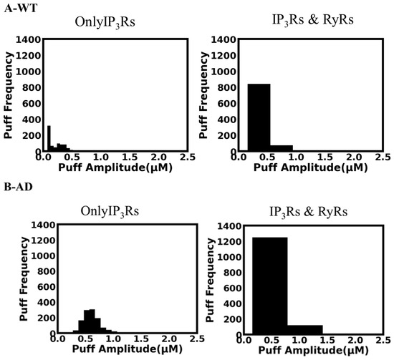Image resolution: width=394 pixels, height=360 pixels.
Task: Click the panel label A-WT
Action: pos(21,9)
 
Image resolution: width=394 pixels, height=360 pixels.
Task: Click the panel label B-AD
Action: pos(19,187)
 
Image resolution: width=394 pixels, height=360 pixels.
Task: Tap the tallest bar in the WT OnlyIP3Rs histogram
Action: pos(49,138)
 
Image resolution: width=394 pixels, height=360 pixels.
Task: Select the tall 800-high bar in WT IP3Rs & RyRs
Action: pos(259,117)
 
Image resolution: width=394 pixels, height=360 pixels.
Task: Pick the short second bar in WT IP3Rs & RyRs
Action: pos(282,148)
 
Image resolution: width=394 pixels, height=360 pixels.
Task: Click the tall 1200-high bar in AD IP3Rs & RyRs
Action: pos(270,286)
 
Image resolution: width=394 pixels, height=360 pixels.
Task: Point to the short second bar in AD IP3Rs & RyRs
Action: pos(305,329)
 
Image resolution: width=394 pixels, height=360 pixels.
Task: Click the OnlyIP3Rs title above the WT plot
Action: pos(105,22)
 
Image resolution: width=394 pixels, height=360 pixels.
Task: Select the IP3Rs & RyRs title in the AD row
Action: pos(309,212)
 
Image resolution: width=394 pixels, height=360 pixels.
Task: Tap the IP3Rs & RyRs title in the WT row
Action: pos(313,19)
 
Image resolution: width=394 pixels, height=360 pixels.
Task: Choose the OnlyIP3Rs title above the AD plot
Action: pos(110,211)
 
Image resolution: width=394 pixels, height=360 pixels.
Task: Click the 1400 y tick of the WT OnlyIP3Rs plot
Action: pos(28,39)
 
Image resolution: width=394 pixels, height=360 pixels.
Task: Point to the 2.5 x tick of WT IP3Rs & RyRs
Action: pos(383,157)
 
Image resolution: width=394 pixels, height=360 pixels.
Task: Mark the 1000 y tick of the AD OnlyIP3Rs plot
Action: pos(43,256)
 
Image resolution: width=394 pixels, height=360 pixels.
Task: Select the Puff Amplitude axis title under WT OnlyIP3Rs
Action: pos(115,167)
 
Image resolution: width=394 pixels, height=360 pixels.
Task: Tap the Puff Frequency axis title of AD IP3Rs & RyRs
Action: pos(210,281)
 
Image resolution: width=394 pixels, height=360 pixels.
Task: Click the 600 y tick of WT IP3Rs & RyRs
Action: pos(227,104)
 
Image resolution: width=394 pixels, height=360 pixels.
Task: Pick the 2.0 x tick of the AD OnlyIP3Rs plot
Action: pos(169,339)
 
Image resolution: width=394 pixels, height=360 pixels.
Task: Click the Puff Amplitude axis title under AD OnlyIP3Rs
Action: pos(127,349)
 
